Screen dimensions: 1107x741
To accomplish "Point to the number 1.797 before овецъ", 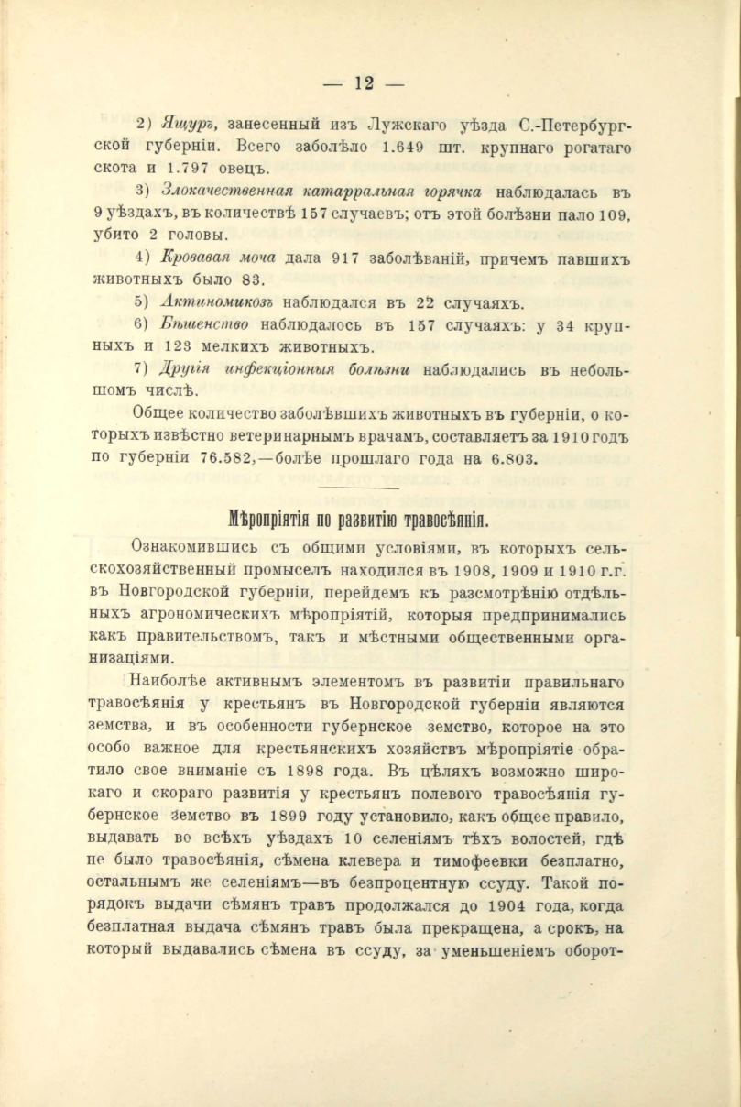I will [x=195, y=170].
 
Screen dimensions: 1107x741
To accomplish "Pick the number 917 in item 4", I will [x=332, y=256].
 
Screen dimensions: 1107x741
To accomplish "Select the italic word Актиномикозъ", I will [x=216, y=301].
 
